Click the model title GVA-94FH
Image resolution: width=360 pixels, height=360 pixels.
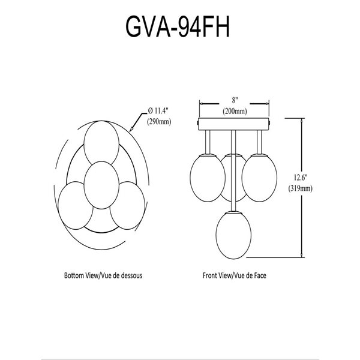click(178, 27)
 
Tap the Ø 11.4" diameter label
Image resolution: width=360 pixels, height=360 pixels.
click(158, 111)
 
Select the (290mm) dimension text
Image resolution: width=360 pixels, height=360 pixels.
click(159, 121)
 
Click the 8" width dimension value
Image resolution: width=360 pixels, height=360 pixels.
click(235, 100)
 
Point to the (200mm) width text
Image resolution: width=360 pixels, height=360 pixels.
click(235, 111)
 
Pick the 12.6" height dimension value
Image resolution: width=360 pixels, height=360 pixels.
click(301, 177)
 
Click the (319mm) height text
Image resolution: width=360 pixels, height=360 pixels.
click(301, 188)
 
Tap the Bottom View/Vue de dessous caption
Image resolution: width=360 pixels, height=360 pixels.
click(103, 275)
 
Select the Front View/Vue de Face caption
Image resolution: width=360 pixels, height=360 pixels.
click(235, 275)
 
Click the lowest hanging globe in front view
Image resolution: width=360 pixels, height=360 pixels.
click(233, 235)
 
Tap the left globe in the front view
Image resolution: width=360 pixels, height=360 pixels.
click(208, 178)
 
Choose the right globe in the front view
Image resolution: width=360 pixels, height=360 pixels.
click(259, 178)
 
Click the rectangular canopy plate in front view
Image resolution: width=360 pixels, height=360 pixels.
click(233, 124)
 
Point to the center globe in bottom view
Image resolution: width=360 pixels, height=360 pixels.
click(101, 185)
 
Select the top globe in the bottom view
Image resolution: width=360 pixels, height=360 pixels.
click(101, 143)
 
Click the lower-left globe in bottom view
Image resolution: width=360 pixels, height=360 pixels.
click(76, 205)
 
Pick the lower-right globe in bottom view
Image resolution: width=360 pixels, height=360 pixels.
click(127, 205)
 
